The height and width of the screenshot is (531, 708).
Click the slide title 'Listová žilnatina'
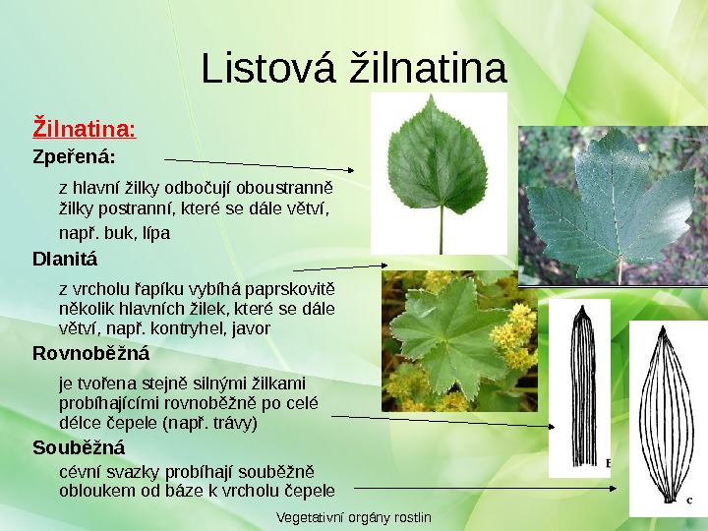(354, 70)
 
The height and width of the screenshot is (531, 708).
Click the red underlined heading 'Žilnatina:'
(85, 128)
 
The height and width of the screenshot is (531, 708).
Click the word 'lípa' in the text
(155, 234)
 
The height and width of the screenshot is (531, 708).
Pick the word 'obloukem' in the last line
(90, 491)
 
